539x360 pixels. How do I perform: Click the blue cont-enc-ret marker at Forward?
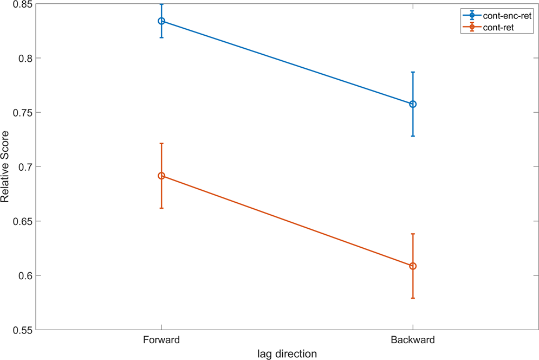161,21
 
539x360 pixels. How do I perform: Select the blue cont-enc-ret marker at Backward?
413,104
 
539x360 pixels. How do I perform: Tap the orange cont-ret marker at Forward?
161,176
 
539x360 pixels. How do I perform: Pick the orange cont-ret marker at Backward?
413,266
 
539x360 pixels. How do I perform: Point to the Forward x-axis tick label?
161,340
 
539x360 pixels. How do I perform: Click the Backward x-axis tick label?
413,340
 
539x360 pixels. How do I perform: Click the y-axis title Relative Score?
5,167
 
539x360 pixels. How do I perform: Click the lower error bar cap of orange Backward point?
413,298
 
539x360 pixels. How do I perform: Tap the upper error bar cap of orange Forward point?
161,144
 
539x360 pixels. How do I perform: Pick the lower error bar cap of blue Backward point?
413,136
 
